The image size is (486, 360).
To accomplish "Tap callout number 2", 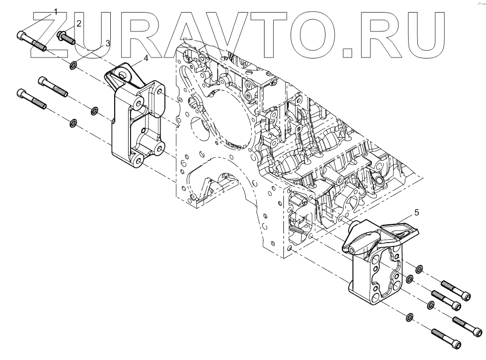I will [x=78, y=23].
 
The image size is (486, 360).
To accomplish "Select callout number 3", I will [x=107, y=43].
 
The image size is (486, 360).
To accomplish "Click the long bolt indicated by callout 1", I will [x=31, y=42].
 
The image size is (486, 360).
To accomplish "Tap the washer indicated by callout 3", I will [x=74, y=65].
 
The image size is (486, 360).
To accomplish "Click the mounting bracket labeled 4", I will [x=135, y=121].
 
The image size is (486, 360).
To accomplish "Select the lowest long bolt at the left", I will [x=32, y=99].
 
